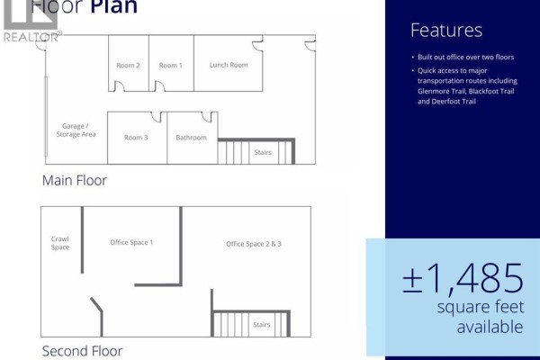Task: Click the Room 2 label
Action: (128, 66)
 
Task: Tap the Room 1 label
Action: (170, 66)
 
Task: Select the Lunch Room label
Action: (229, 65)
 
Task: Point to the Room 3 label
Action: (136, 138)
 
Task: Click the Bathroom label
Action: (191, 138)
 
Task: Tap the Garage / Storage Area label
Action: (76, 130)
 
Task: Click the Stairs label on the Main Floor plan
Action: (263, 152)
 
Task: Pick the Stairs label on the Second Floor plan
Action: (261, 325)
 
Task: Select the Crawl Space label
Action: (60, 243)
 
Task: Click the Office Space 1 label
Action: (131, 242)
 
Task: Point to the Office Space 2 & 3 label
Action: (254, 244)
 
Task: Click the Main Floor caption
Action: (75, 181)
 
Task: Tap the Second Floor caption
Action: (82, 351)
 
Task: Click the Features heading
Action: (446, 30)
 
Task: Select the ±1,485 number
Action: (463, 278)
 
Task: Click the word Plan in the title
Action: (114, 6)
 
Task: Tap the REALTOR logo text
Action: (31, 37)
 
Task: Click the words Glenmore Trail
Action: (441, 91)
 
